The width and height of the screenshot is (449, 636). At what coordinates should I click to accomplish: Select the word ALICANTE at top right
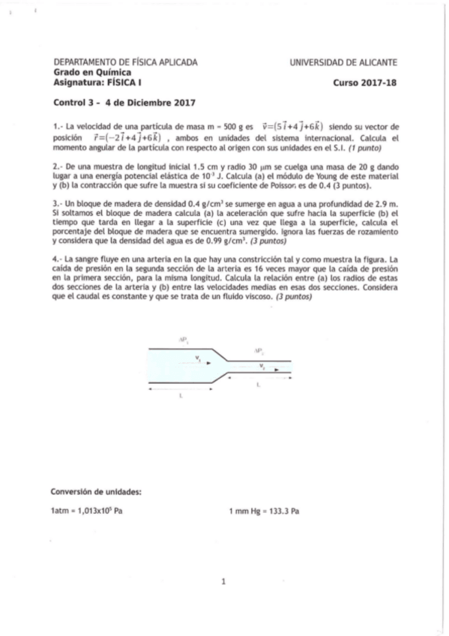[x=376, y=62]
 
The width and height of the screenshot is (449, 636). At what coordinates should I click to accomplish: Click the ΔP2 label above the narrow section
[x=257, y=350]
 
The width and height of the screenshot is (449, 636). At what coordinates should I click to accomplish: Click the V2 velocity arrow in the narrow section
[x=270, y=368]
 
